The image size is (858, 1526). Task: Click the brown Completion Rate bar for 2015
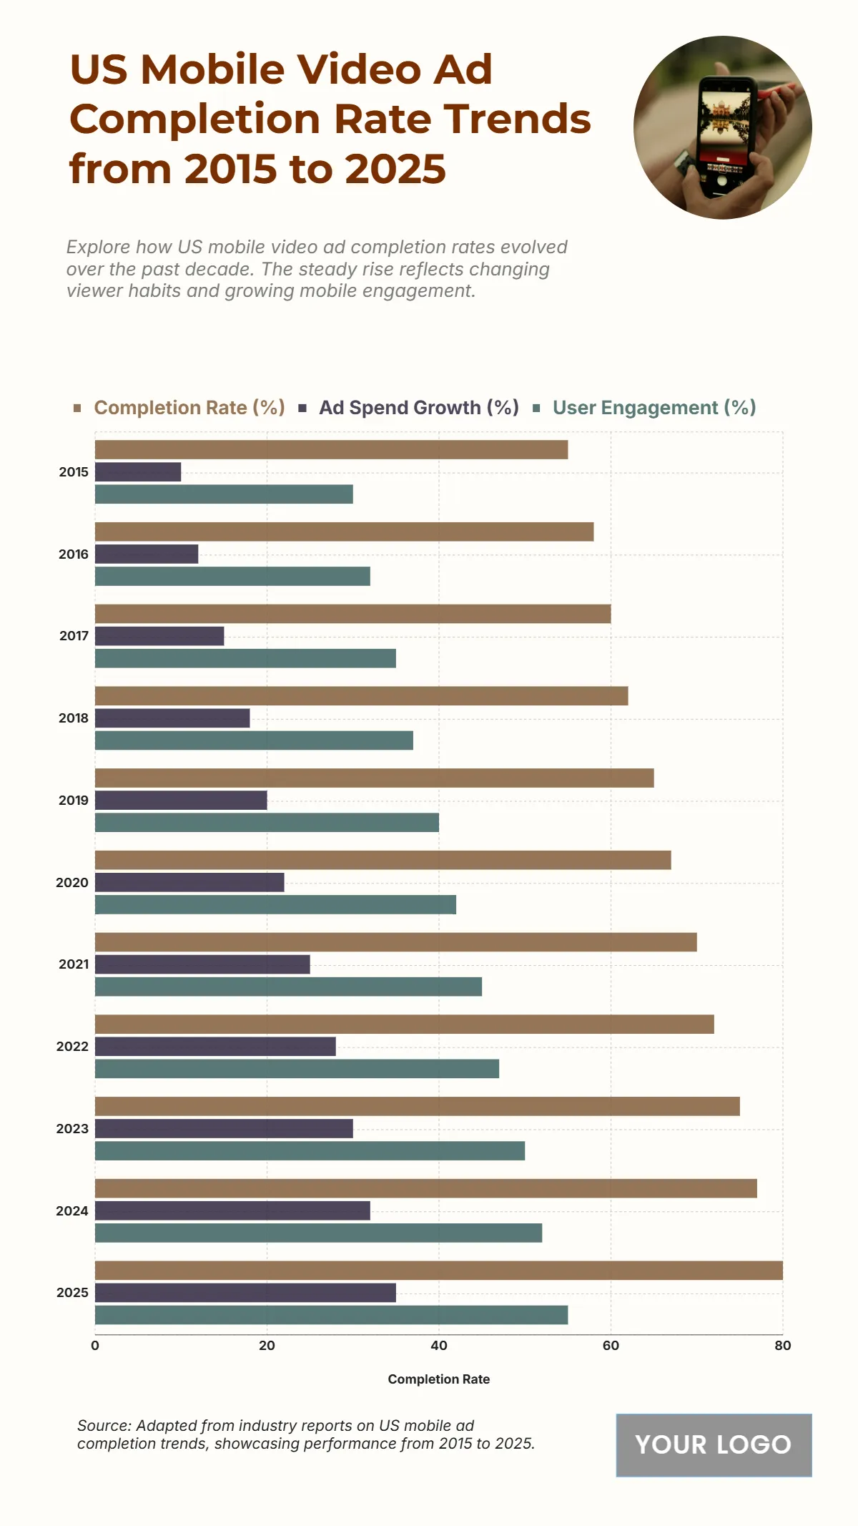coord(331,449)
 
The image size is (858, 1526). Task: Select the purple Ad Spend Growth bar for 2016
coord(147,554)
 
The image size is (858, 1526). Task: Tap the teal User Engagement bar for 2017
coord(245,658)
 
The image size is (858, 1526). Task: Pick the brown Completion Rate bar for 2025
coord(438,1270)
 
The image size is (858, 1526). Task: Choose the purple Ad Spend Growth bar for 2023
coord(224,1128)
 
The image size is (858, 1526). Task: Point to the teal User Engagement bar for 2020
coord(275,904)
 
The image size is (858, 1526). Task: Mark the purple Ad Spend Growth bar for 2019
coord(181,800)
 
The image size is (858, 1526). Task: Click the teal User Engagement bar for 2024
coord(318,1233)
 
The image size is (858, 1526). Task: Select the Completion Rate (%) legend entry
coord(189,408)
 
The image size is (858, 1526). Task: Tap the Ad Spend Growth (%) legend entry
coord(418,408)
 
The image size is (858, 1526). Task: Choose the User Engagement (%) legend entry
coord(654,408)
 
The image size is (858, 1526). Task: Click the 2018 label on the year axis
coord(74,718)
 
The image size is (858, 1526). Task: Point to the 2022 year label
coord(72,1047)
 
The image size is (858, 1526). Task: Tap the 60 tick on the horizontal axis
coord(611,1346)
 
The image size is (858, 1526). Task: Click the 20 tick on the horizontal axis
coord(267,1346)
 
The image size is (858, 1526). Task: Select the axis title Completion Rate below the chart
coord(438,1379)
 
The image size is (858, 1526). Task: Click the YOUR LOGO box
coord(714,1445)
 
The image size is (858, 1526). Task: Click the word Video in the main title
coord(357,69)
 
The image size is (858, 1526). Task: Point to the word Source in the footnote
coord(103,1426)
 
